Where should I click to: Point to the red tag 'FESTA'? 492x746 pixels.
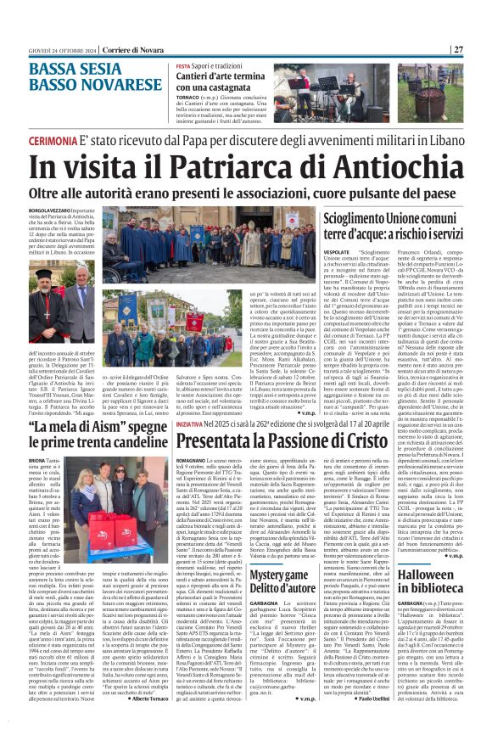183,65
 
